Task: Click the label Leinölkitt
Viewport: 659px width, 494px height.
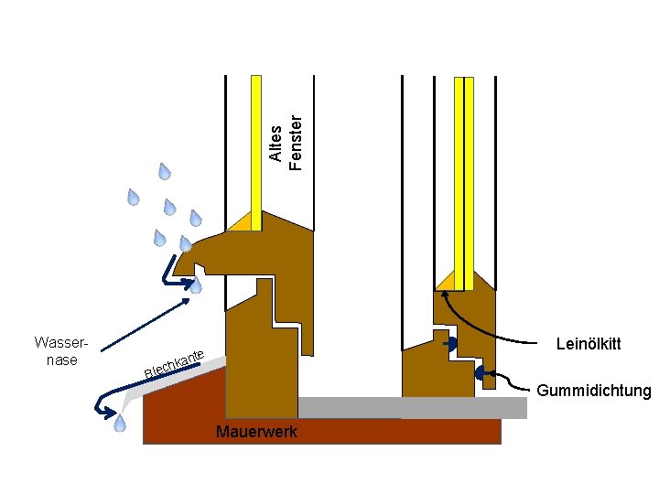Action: (x=588, y=344)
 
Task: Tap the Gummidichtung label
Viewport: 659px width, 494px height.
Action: (x=594, y=392)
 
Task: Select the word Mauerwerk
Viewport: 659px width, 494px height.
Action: (x=255, y=432)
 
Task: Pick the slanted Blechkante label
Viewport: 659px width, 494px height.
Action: (x=173, y=363)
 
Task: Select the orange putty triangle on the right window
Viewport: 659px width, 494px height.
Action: (x=445, y=279)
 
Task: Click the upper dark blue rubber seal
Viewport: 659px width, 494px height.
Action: (x=450, y=344)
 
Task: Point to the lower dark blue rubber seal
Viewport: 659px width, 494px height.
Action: (x=481, y=373)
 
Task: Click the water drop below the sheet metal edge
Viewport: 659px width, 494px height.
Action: (x=119, y=423)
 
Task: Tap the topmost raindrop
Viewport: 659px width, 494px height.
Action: (x=165, y=171)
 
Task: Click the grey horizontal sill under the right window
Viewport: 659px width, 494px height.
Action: (x=412, y=408)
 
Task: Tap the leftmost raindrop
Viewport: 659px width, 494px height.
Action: (x=134, y=198)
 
